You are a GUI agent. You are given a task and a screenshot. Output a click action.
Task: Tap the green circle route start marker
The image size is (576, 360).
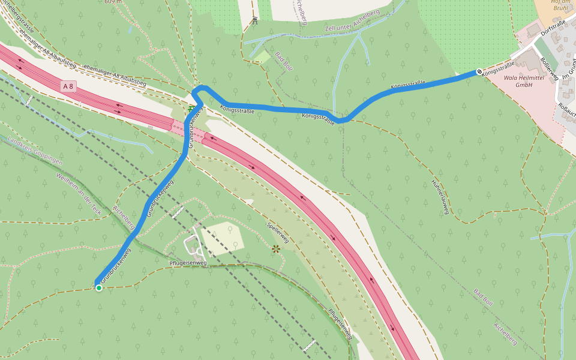point(99,288)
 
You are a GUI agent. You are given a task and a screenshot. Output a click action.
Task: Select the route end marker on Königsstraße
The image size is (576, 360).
point(479,72)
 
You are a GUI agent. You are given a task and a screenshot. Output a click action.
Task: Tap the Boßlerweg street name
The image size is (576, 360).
point(550,68)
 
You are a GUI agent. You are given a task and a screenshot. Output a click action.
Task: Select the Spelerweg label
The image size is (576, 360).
point(278,232)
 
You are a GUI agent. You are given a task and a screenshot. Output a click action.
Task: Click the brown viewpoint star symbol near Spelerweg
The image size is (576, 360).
point(276,248)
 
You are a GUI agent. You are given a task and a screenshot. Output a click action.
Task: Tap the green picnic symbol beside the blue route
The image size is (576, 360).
point(191,109)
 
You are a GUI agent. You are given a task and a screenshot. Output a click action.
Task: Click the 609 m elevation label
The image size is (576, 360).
point(113,2)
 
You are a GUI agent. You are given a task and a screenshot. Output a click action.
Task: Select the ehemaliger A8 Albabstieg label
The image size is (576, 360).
point(115,76)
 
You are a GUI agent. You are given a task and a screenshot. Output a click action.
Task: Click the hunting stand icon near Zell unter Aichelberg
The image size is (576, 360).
point(254,20)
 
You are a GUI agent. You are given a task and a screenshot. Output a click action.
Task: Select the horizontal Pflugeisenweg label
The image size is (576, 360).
point(188,263)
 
